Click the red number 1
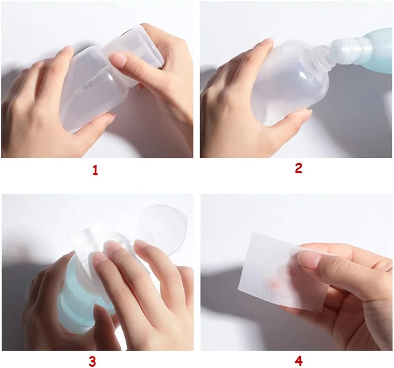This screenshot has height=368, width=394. [95, 170]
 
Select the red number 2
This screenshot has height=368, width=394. [298, 168]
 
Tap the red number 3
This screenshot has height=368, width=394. [92, 362]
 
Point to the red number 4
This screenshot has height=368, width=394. [298, 361]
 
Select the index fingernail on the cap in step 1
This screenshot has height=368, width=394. [118, 58]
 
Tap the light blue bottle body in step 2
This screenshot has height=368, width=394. [377, 50]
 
